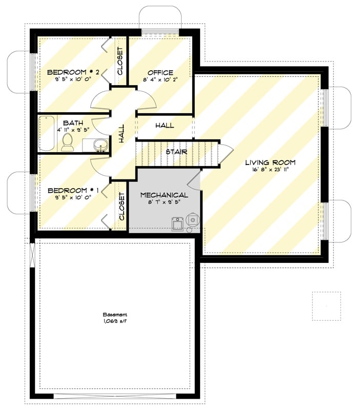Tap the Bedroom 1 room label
[x=73, y=190]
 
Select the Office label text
[x=160, y=73]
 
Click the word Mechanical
[x=164, y=195]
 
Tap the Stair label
[x=176, y=152]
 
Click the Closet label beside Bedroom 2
[x=121, y=61]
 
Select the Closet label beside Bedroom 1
[x=122, y=207]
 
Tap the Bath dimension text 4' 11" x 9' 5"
[x=73, y=130]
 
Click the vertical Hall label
[x=122, y=134]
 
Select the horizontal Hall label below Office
[x=164, y=126]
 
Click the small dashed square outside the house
[x=326, y=306]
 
